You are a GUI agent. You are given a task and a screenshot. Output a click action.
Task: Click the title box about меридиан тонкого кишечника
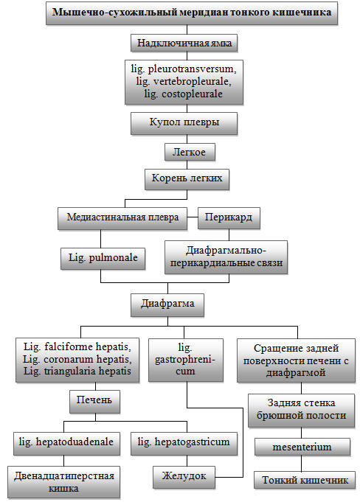pyautogui.click(x=192, y=13)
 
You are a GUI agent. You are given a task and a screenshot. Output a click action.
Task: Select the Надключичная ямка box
pyautogui.click(x=184, y=43)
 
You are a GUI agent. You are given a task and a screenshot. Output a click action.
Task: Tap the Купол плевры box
pyautogui.click(x=184, y=123)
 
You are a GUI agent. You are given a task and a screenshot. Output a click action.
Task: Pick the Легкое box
pyautogui.click(x=190, y=152)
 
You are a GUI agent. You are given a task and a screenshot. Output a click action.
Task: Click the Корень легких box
pyautogui.click(x=187, y=179)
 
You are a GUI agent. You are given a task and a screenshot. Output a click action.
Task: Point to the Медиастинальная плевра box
pyautogui.click(x=122, y=218)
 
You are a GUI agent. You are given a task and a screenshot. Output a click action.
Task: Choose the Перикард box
pyautogui.click(x=229, y=217)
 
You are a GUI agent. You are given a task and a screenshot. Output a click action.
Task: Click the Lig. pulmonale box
pyautogui.click(x=103, y=258)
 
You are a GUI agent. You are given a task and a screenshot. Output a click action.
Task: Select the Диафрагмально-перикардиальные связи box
pyautogui.click(x=226, y=257)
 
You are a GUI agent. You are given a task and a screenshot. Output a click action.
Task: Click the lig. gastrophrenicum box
pyautogui.click(x=186, y=360)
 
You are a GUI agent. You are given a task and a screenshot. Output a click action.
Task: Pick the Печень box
pyautogui.click(x=95, y=401)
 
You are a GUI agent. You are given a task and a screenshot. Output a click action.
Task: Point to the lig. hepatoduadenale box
pyautogui.click(x=66, y=443)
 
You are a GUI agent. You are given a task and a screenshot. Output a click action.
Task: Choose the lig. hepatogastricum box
pyautogui.click(x=184, y=443)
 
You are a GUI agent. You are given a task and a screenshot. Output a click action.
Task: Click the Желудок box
pyautogui.click(x=184, y=477)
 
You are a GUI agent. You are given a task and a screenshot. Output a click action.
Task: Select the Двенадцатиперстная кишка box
pyautogui.click(x=63, y=483)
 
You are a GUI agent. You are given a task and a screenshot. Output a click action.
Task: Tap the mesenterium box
pyautogui.click(x=302, y=447)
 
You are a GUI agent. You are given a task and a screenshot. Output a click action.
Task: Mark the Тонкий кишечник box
pyautogui.click(x=305, y=480)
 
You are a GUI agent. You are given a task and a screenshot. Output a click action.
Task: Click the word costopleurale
pyautogui.click(x=192, y=94)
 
